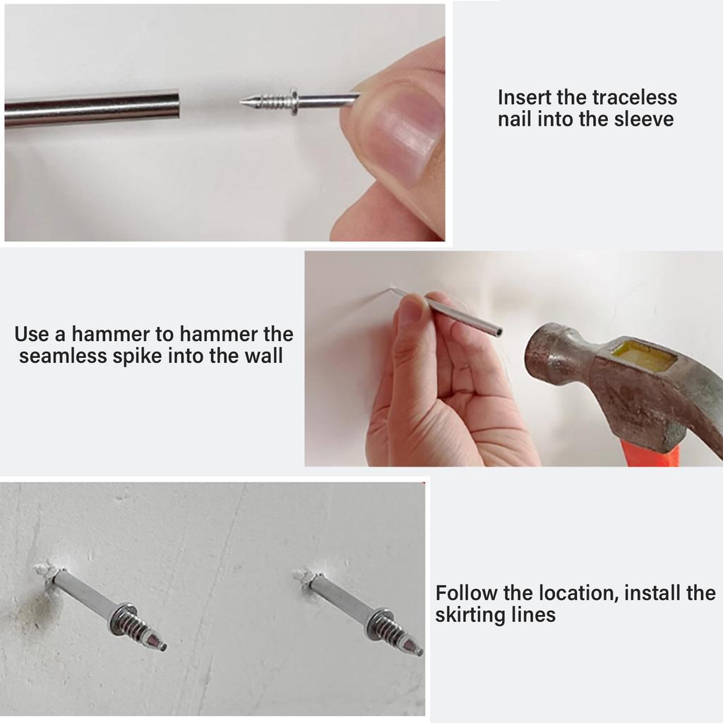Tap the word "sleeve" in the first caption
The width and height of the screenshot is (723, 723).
(642, 119)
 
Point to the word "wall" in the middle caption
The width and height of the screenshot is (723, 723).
(263, 356)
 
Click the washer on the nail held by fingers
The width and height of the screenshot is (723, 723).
(293, 102)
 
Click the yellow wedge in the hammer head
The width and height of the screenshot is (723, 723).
(644, 355)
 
